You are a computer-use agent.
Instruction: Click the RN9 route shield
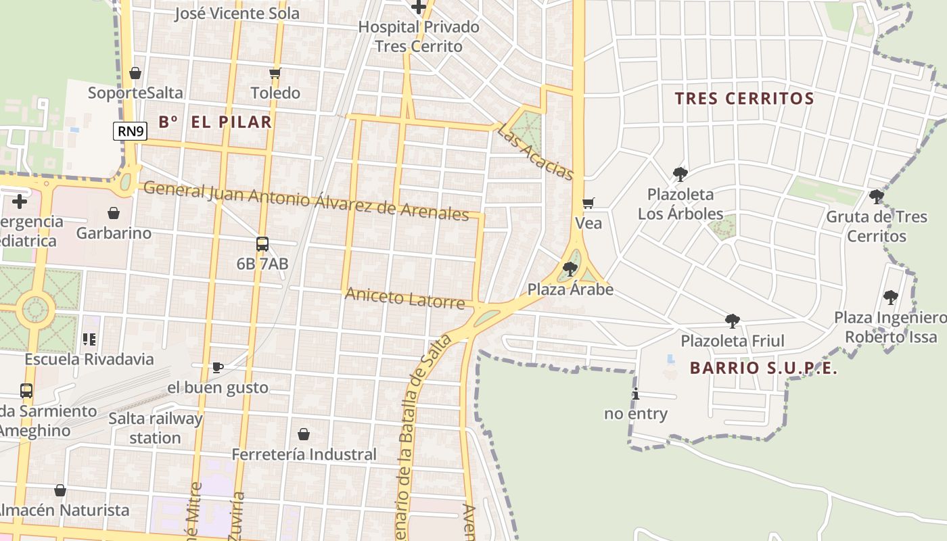point(130,131)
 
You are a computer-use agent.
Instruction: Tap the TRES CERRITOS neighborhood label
point(744,99)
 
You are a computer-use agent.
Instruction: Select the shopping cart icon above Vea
point(588,203)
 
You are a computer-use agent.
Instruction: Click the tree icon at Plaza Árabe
point(570,269)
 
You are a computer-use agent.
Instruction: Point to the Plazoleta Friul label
point(732,341)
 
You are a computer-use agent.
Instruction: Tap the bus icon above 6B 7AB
point(262,244)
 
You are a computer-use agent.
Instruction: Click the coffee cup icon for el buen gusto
point(217,367)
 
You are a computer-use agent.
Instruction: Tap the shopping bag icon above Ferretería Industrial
point(304,433)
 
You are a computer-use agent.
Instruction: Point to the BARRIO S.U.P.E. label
point(763,369)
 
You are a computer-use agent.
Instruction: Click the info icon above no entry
point(635,394)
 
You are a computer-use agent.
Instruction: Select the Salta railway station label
point(156,428)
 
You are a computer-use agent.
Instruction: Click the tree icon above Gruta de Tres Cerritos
point(876,197)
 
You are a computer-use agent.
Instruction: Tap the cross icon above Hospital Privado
point(419,7)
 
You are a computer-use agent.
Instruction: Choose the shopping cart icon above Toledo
point(275,73)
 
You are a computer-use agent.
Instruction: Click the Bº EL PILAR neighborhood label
point(215,122)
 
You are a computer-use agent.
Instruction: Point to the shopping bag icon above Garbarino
point(114,213)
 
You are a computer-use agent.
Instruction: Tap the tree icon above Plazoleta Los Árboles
point(680,174)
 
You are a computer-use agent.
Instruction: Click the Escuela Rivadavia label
point(89,359)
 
